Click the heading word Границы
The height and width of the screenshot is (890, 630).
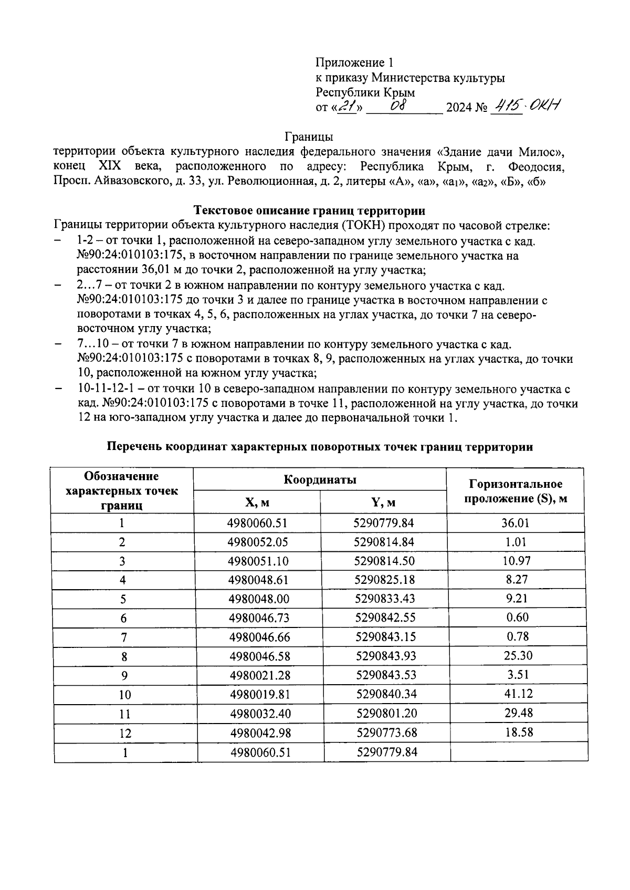point(309,137)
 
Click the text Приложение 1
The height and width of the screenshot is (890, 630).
point(354,63)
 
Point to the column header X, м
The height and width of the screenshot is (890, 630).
point(257,502)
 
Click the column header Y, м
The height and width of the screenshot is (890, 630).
point(383,502)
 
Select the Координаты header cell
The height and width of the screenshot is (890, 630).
point(320,479)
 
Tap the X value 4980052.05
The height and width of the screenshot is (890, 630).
point(258,542)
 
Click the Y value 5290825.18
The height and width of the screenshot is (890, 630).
point(385,580)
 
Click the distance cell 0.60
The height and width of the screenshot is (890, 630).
point(517,617)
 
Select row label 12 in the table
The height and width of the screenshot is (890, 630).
point(125,734)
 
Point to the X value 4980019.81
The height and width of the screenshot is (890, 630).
point(260,694)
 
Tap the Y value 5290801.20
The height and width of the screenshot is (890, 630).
point(386,713)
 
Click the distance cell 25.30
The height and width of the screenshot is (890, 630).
point(517,655)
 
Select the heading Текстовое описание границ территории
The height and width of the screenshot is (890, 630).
point(309,211)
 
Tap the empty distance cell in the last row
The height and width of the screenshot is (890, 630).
point(519,752)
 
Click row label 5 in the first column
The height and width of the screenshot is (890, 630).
point(123,599)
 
